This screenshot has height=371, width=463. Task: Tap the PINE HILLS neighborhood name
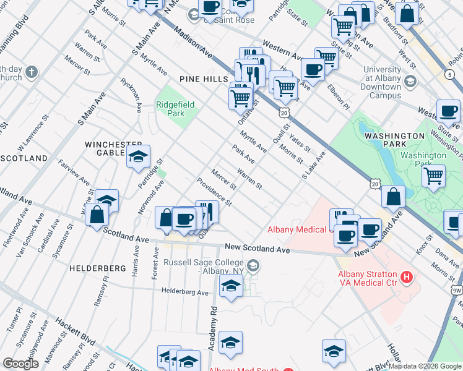(x=202, y=79)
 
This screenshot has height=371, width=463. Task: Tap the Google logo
(x=20, y=363)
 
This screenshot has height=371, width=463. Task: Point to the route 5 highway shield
(x=448, y=74)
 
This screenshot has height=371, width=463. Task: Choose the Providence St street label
(x=214, y=192)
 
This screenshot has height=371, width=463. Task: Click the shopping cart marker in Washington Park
(x=434, y=176)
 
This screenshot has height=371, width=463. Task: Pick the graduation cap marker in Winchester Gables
(x=139, y=157)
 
